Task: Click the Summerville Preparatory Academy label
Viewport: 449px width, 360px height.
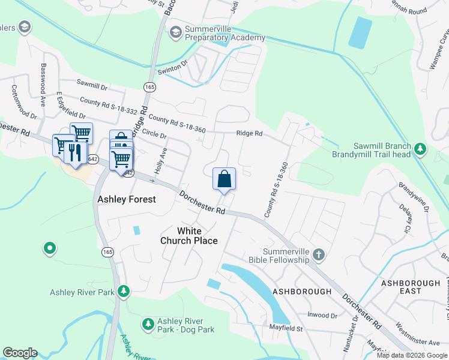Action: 224,34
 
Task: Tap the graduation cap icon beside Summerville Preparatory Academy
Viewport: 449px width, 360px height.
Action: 176,31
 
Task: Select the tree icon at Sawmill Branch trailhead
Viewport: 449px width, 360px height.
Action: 421,148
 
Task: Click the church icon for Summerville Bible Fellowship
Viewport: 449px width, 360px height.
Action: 318,256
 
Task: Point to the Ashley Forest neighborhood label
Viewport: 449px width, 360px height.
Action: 127,199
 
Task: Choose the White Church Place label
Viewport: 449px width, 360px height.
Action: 188,236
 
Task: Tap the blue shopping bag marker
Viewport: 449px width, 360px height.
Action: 224,179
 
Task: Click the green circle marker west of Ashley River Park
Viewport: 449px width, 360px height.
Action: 49,247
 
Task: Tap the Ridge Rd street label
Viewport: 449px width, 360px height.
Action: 249,133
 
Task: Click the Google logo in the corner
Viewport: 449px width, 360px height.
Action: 20,353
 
